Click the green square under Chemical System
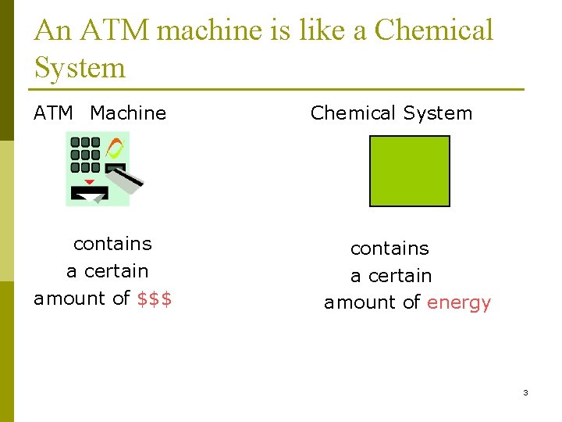[409, 171]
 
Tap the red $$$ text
[155, 299]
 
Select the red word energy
[459, 303]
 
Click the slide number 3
[525, 392]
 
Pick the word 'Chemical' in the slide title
[434, 30]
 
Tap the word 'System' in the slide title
[80, 68]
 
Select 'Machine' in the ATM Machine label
[128, 113]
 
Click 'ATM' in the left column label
[53, 113]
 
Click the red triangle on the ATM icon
[89, 182]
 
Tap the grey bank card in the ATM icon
[125, 179]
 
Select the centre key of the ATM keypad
[86, 155]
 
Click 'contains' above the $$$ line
[112, 244]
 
